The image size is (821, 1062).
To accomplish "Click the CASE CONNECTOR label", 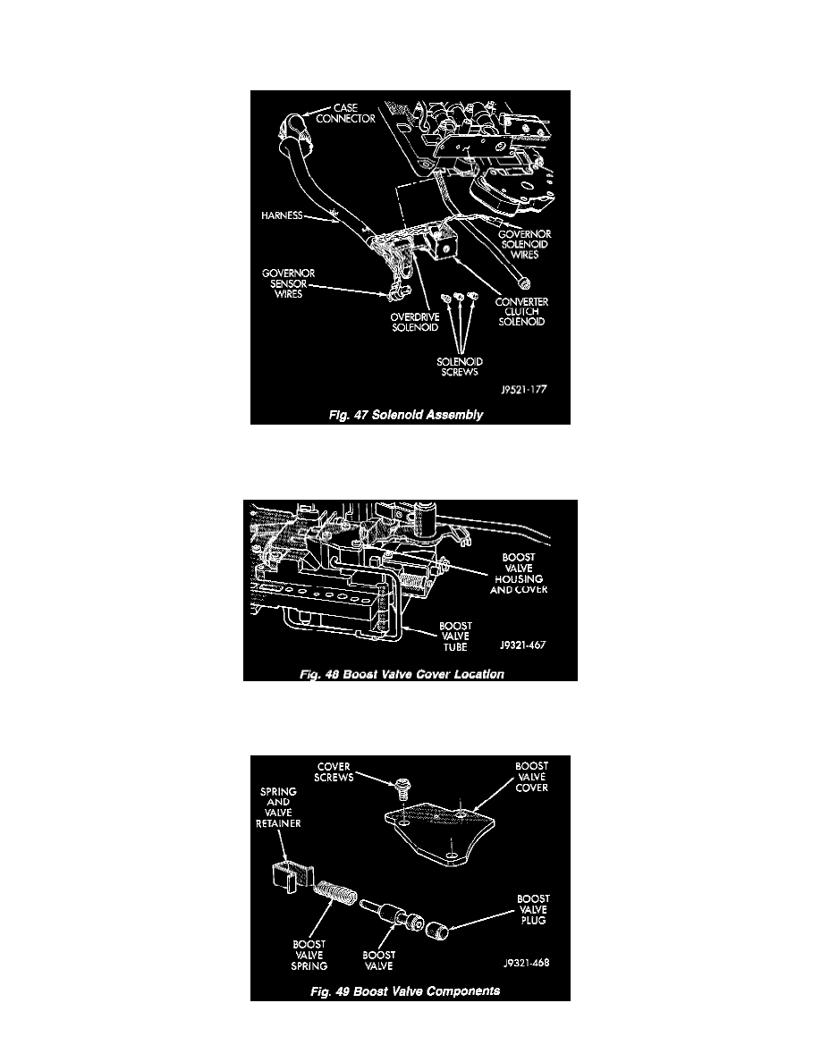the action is pos(345,114).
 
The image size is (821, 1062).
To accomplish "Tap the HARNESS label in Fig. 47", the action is pos(282,215).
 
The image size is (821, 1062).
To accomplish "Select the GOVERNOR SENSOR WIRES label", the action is pos(289,283).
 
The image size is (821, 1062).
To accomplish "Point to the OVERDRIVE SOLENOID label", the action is pos(415,322).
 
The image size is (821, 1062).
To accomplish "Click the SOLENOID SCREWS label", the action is pos(460,367).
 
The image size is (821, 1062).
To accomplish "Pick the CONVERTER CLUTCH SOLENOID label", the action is pos(521,312).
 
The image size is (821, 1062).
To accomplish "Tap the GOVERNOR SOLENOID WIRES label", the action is pos(524,245).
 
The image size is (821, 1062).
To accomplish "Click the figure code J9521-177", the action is pos(523,390).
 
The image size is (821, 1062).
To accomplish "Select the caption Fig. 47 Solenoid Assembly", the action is pos(406,415).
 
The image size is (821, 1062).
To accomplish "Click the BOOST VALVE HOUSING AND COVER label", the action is pos(519,574).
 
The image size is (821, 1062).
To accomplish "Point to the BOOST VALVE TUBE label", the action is pos(455,636).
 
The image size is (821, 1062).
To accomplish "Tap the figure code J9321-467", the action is pos(522,645).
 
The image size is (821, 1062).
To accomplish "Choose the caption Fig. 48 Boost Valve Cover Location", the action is pos(402,674).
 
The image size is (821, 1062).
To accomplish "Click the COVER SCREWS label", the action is pos(334,772).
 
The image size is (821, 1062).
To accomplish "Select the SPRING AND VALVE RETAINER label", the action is pos(278,807).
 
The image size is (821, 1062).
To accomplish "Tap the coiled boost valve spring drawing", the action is pos(334,893).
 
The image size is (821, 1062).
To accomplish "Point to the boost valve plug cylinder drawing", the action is pos(438,930).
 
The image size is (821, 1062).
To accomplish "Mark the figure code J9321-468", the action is pos(527,963).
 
